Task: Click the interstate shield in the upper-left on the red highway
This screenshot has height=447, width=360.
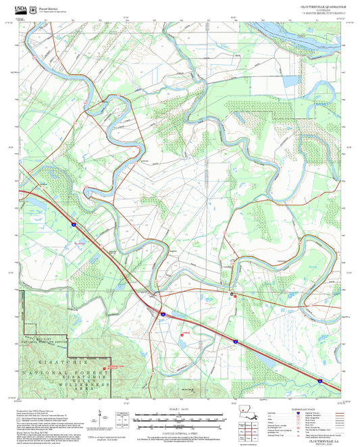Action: [x=74, y=220]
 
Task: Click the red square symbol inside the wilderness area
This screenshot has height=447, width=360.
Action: [x=105, y=368]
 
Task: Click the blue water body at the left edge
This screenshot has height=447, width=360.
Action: [x=27, y=209]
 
